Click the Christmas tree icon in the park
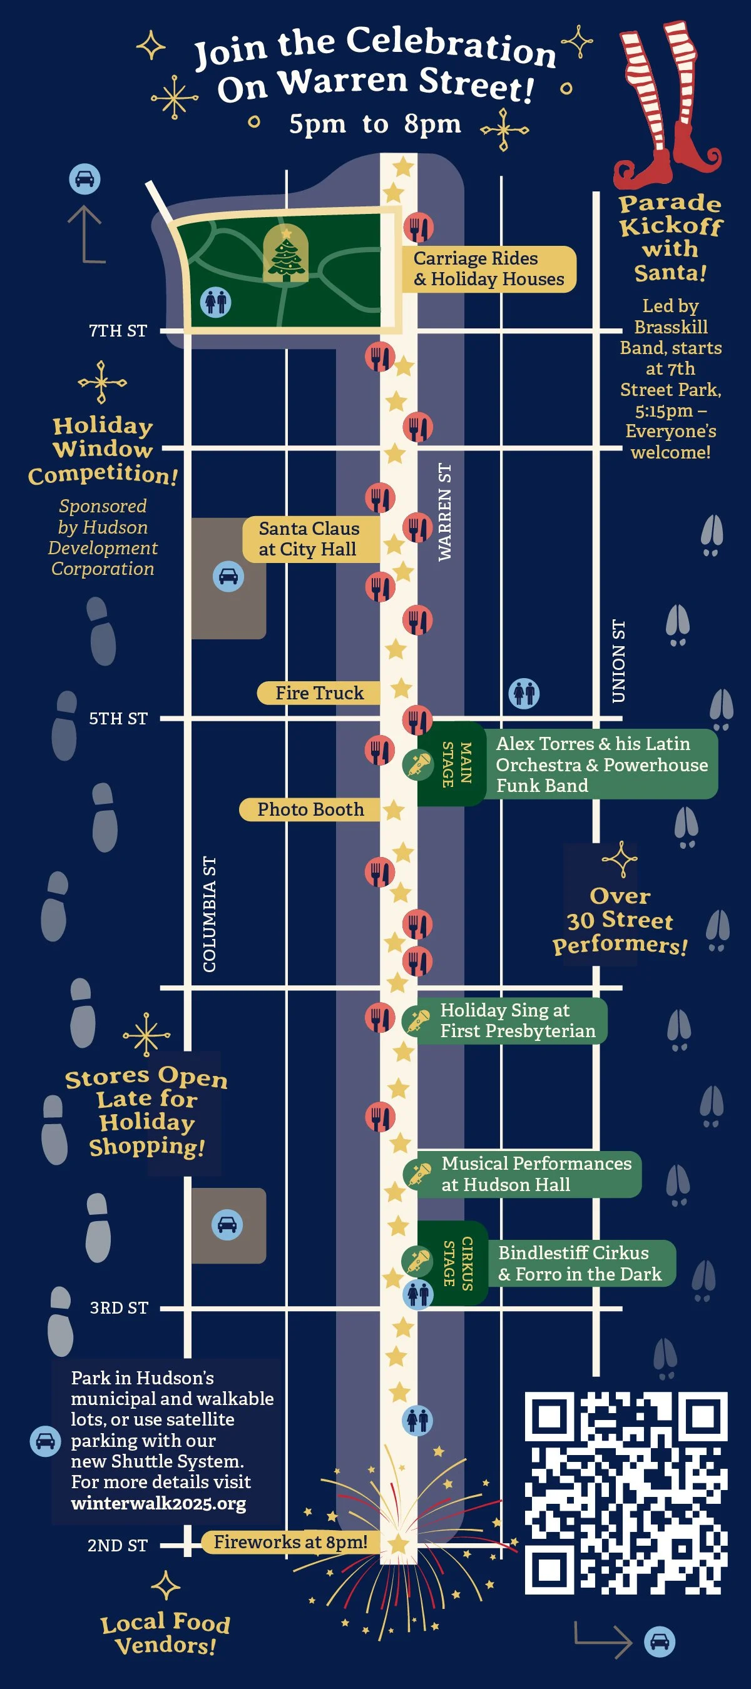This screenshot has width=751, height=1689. (286, 255)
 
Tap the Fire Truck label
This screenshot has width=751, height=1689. (319, 693)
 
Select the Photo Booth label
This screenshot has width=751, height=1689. (310, 809)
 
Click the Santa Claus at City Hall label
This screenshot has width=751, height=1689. (309, 539)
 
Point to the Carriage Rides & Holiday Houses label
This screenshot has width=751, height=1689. (489, 269)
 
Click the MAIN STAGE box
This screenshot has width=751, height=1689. (456, 764)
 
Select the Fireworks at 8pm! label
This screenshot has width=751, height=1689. (290, 1541)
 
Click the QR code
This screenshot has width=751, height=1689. (626, 1493)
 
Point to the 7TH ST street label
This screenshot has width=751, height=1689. (118, 331)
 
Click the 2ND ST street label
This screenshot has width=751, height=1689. (118, 1545)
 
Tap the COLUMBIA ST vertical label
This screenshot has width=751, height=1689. (209, 914)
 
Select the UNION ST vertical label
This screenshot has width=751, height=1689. (618, 661)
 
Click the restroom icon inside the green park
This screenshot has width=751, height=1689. (215, 303)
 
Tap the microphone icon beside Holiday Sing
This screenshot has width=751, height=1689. (419, 1020)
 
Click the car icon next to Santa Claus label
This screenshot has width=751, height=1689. (228, 576)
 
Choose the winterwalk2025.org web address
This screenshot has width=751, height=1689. (159, 1503)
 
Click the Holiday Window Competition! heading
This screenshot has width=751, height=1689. (103, 450)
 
